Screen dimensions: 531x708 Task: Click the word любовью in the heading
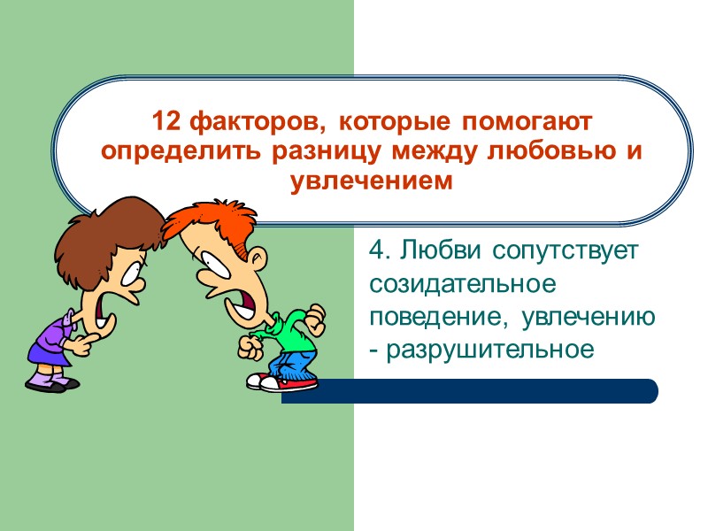pyautogui.click(x=552, y=150)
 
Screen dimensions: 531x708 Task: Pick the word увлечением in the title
pyautogui.click(x=372, y=181)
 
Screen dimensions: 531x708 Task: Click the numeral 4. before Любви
pyautogui.click(x=381, y=250)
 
